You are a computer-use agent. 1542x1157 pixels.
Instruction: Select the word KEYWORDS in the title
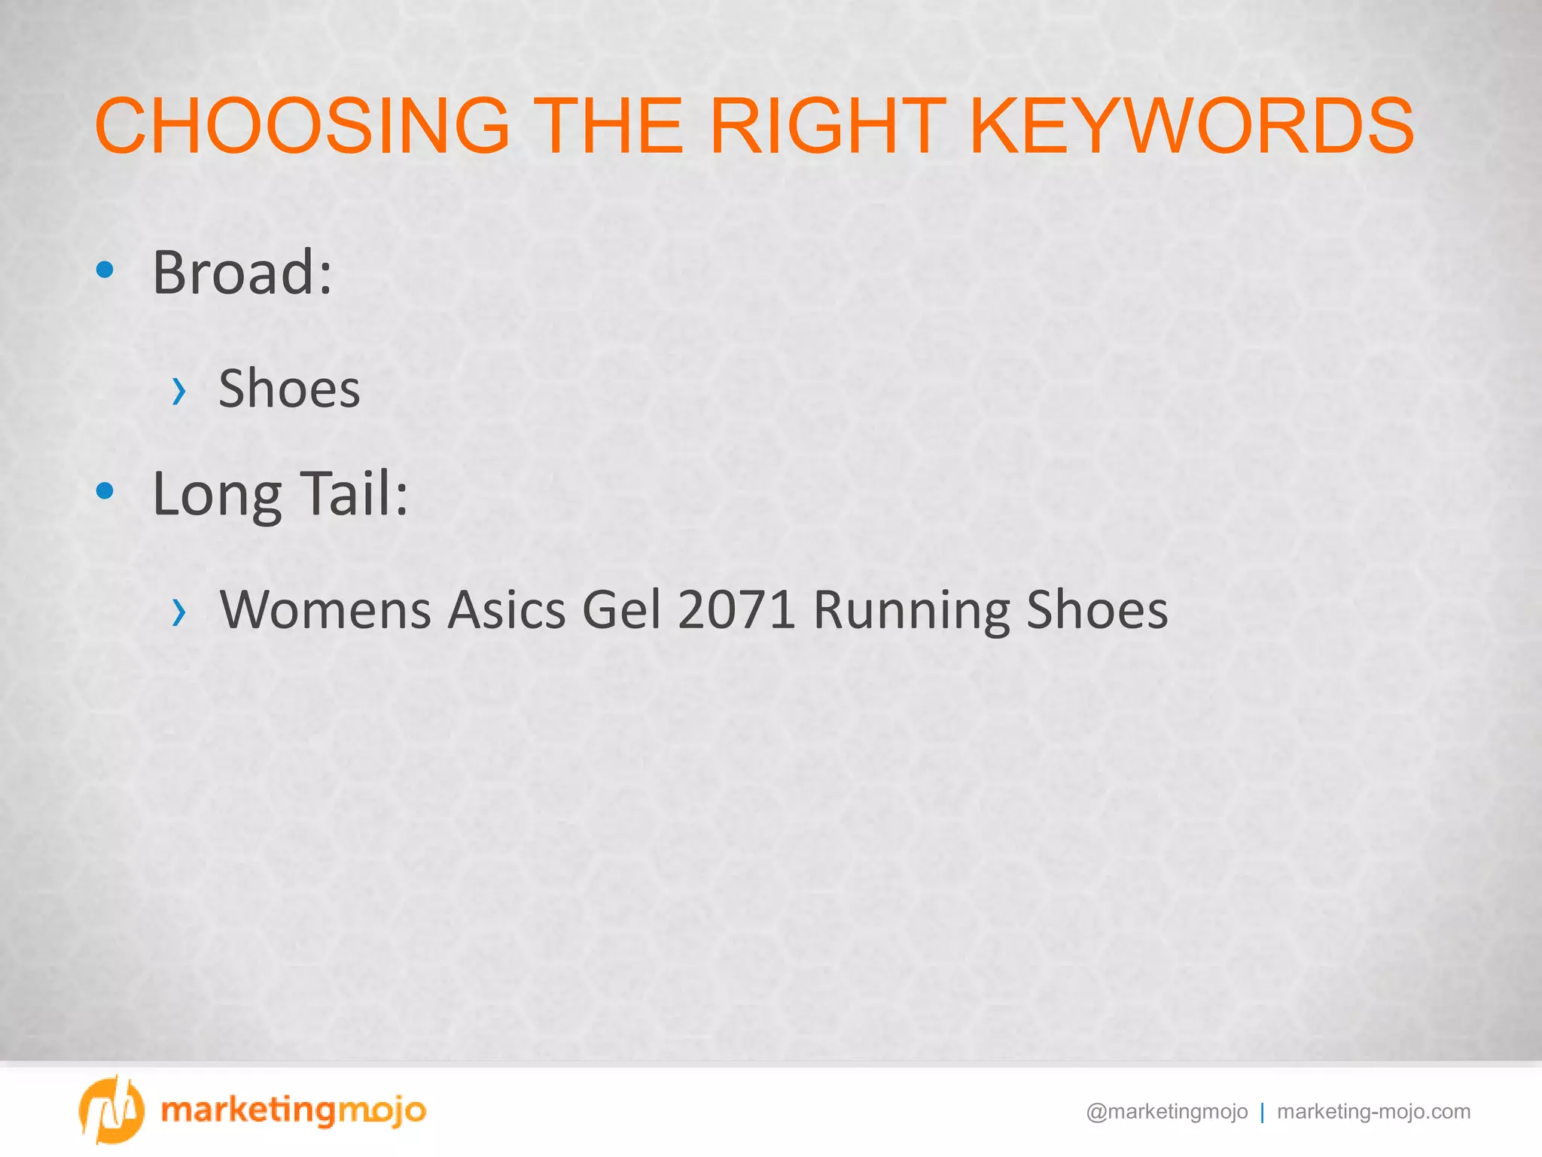1192,126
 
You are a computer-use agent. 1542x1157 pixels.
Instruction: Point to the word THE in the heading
611,126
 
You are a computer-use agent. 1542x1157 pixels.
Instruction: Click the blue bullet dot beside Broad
105,270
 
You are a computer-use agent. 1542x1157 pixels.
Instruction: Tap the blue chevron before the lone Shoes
178,391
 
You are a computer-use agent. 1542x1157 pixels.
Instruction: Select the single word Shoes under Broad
289,389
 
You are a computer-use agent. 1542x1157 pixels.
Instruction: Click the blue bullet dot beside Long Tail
105,492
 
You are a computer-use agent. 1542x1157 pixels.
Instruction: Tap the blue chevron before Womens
178,612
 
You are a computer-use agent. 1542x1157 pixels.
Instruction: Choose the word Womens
325,610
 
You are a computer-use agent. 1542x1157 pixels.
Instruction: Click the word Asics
507,610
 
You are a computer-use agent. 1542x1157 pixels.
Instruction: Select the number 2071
736,610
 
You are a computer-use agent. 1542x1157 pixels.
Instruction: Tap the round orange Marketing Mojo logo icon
111,1110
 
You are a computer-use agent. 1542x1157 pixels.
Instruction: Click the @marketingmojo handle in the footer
1167,1112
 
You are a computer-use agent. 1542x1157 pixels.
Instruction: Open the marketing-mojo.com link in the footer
1374,1112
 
